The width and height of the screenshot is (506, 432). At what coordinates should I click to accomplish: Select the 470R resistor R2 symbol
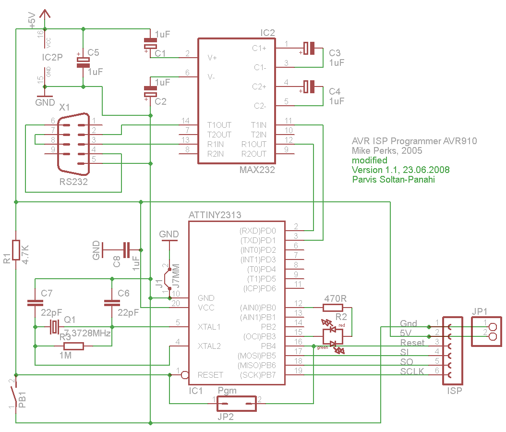333,308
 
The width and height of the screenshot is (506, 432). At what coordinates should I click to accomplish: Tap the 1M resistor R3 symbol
73,346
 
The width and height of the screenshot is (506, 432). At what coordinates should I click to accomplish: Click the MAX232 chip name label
257,170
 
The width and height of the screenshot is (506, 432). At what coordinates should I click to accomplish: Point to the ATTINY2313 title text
215,215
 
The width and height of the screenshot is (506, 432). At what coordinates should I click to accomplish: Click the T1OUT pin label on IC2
219,125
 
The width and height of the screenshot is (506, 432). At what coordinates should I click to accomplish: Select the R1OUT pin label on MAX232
253,144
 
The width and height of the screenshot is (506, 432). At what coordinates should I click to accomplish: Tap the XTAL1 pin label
209,327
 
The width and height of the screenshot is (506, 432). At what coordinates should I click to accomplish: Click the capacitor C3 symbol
309,48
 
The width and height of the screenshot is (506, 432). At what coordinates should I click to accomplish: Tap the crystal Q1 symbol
54,327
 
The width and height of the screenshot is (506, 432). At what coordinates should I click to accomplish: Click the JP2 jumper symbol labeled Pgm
236,404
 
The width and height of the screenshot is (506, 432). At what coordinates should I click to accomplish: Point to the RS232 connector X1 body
73,144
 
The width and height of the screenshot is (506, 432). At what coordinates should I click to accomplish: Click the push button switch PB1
13,394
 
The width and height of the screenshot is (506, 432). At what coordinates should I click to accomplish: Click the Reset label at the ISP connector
412,343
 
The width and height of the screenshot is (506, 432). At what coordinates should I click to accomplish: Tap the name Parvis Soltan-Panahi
393,180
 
